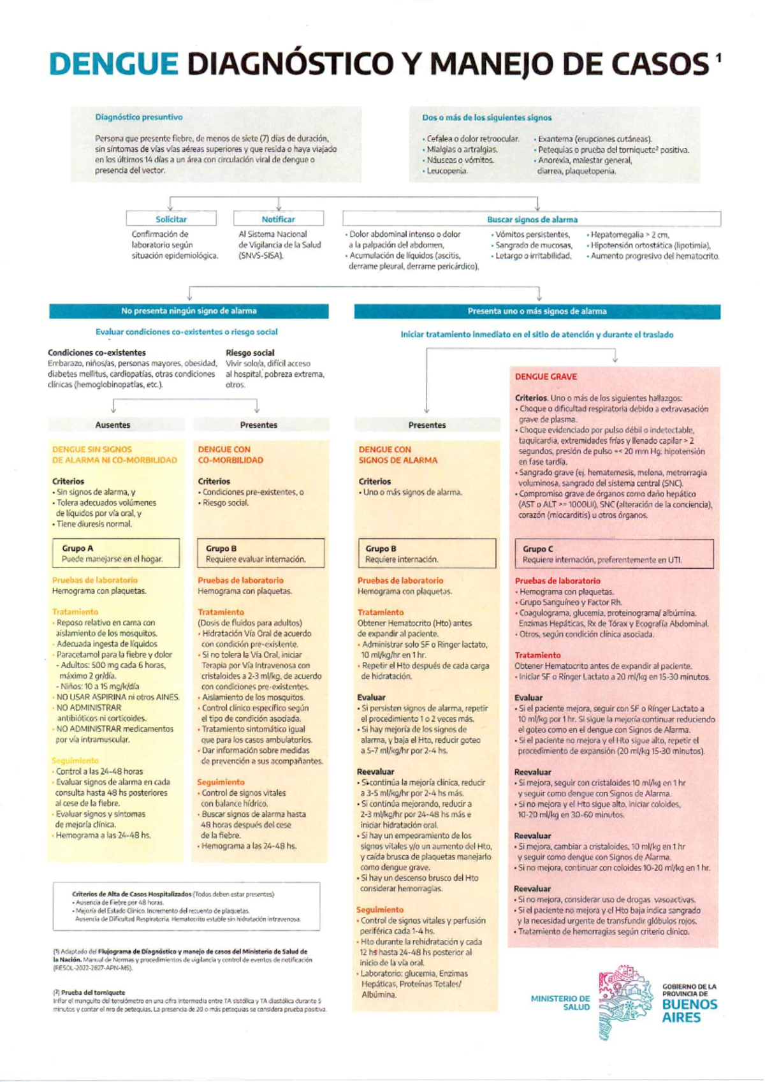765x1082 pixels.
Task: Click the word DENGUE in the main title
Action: [x=113, y=64]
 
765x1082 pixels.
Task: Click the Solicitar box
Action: [x=171, y=219]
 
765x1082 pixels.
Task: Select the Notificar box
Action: [x=279, y=219]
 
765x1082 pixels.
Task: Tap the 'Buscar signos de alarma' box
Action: [x=532, y=219]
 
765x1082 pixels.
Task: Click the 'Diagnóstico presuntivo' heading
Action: [x=139, y=117]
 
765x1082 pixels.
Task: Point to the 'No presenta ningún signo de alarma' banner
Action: [x=189, y=311]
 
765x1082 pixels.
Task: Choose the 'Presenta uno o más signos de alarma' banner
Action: [x=537, y=311]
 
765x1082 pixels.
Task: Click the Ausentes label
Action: [x=113, y=425]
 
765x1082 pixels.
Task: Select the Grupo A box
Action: [x=115, y=553]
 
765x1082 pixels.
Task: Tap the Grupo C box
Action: [x=614, y=554]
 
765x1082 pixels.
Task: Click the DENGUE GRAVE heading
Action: [x=546, y=377]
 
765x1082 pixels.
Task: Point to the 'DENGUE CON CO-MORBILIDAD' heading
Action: [x=230, y=455]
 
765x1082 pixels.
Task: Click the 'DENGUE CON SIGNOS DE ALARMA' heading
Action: [x=397, y=455]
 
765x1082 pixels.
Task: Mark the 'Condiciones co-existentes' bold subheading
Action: [x=97, y=353]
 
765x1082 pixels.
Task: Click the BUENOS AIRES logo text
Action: [x=689, y=1011]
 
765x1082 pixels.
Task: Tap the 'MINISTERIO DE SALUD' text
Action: [x=560, y=1003]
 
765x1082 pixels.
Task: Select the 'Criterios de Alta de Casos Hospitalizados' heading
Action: [x=131, y=894]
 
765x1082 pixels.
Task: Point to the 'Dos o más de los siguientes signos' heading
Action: [x=487, y=118]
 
